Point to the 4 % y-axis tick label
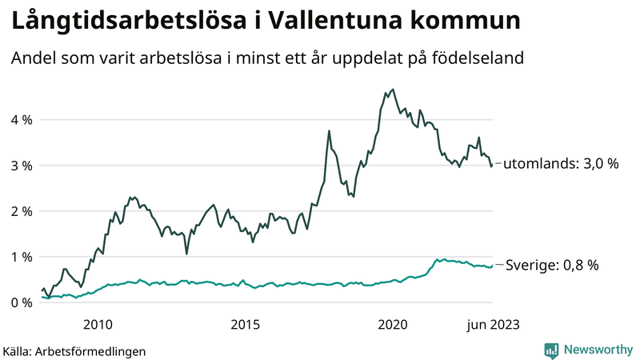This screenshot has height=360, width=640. pyautogui.click(x=21, y=120)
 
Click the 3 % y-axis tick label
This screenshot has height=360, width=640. pyautogui.click(x=21, y=166)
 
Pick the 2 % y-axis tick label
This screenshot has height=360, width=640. pyautogui.click(x=21, y=211)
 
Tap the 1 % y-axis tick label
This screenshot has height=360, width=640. pyautogui.click(x=21, y=257)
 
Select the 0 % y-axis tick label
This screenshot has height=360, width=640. pyautogui.click(x=21, y=302)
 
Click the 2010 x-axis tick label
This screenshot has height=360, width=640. pyautogui.click(x=97, y=324)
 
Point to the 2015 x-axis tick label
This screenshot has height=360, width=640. pyautogui.click(x=245, y=324)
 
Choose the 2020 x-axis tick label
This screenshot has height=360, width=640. pyautogui.click(x=393, y=324)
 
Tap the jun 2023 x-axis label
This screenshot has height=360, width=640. pyautogui.click(x=490, y=324)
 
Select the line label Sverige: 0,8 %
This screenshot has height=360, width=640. pyautogui.click(x=553, y=265)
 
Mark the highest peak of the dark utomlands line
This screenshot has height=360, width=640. pyautogui.click(x=392, y=90)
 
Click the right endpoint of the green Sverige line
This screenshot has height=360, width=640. pyautogui.click(x=491, y=266)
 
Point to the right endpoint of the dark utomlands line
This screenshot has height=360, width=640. pyautogui.click(x=491, y=166)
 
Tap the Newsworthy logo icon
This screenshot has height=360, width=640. pyautogui.click(x=551, y=350)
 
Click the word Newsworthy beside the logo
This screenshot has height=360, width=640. pyautogui.click(x=598, y=350)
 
